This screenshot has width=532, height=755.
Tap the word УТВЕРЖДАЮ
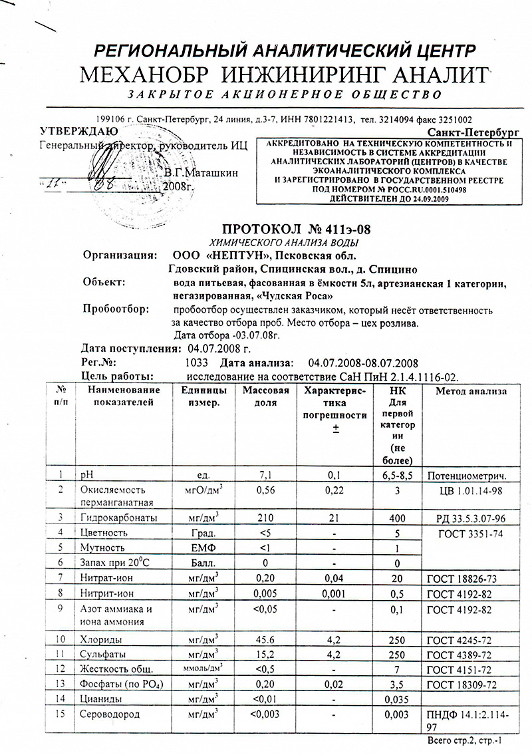point(79,131)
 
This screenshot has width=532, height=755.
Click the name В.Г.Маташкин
point(199,173)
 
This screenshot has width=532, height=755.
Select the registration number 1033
point(198,363)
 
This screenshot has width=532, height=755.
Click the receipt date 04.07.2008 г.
point(219,349)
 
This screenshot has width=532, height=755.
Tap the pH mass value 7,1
point(265,475)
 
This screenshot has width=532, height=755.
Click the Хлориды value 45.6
point(265,639)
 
